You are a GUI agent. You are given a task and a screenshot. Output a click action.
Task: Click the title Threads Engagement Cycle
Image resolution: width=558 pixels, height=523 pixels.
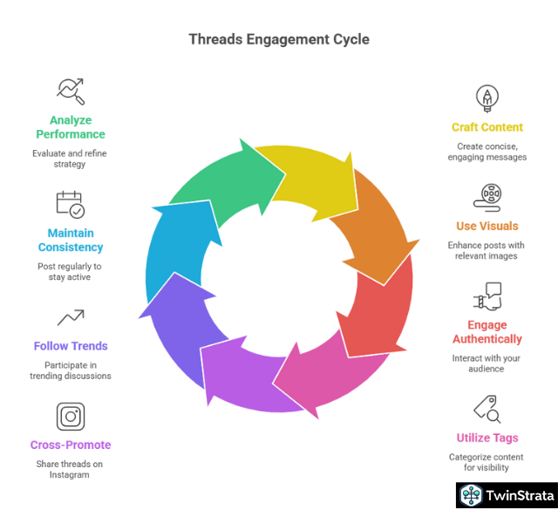pos(279,39)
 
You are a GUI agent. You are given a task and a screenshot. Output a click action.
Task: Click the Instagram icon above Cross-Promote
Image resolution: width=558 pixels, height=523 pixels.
pos(71,416)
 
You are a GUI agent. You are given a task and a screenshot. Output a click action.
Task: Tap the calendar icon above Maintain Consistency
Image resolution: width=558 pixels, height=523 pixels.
pos(71,204)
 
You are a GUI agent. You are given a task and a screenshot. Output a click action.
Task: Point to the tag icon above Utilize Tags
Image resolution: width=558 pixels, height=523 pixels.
pos(487,409)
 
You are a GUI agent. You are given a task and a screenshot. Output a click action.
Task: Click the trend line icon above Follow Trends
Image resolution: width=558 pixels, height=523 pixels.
pos(71,318)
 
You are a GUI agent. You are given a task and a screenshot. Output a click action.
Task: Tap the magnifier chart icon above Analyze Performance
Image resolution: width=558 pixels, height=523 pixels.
pos(70,90)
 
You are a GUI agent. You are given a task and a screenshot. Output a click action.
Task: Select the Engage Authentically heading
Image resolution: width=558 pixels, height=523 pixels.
pos(487,332)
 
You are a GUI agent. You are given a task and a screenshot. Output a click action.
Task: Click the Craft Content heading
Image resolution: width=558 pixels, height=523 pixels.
pos(487,127)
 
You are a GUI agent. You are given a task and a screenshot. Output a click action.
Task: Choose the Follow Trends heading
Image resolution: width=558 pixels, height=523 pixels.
pos(71,346)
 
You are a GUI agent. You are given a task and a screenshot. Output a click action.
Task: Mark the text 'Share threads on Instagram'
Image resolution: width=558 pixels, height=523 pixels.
pos(71,470)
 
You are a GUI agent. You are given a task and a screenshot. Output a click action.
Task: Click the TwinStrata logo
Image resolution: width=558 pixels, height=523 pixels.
pos(507,495)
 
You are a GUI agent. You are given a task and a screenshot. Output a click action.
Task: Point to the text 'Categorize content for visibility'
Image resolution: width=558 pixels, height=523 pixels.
pos(487,463)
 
